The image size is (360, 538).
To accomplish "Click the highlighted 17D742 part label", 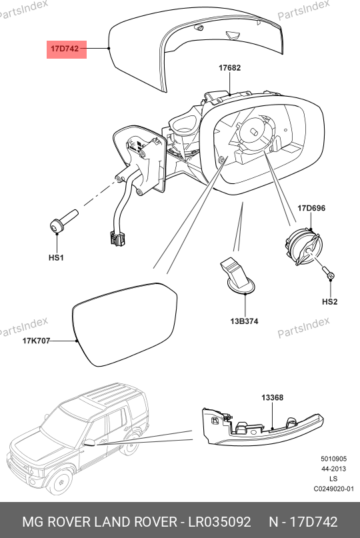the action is click(x=65, y=49).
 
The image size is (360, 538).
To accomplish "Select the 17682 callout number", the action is click(x=229, y=67).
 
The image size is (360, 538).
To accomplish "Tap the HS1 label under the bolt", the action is click(x=56, y=257).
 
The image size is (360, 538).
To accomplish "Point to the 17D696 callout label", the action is click(x=311, y=208).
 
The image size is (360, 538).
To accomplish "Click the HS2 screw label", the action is click(x=330, y=301).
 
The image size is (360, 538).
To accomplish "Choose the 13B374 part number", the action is click(x=244, y=321).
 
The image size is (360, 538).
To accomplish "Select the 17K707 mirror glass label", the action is click(x=37, y=341).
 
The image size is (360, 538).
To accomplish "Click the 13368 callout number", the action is click(x=273, y=397).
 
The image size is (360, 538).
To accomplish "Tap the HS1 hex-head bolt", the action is click(x=64, y=221).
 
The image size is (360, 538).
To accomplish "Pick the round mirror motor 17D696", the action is click(x=303, y=247).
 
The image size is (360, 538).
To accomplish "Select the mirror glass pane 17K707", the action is click(x=125, y=324).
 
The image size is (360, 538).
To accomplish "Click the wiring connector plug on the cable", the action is click(x=117, y=238).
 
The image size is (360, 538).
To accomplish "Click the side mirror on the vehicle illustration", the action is click(x=89, y=442).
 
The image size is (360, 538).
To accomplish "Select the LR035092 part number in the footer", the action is click(x=219, y=522).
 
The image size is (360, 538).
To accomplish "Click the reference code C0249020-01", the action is click(x=333, y=489).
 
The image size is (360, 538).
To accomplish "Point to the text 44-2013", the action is click(x=333, y=469).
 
